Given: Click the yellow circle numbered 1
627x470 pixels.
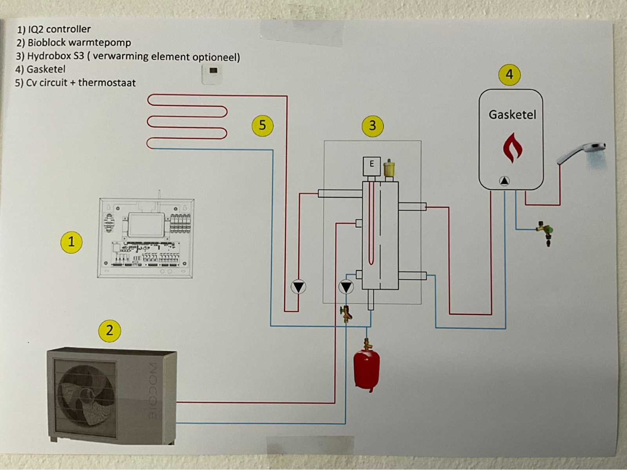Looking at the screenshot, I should [x=71, y=242].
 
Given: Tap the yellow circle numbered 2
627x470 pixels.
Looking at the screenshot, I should [x=109, y=330].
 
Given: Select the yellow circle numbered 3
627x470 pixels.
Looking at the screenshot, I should [x=372, y=125].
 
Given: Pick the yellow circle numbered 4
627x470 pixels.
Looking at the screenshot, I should [x=509, y=74].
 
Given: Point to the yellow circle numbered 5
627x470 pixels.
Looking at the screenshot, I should [x=262, y=125].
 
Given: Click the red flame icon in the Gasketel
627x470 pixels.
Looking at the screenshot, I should [x=513, y=148].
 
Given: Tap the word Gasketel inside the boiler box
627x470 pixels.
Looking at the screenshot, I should [x=512, y=115].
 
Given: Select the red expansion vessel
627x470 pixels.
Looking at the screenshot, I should [x=367, y=369].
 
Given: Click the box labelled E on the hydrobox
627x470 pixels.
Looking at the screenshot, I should [x=371, y=164].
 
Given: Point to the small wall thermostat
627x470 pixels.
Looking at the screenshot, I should [x=212, y=74].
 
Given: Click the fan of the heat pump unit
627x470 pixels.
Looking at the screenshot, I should [x=86, y=395].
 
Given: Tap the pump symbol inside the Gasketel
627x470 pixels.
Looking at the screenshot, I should [x=504, y=181].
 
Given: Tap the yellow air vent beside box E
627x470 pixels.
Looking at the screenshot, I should [x=389, y=168].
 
